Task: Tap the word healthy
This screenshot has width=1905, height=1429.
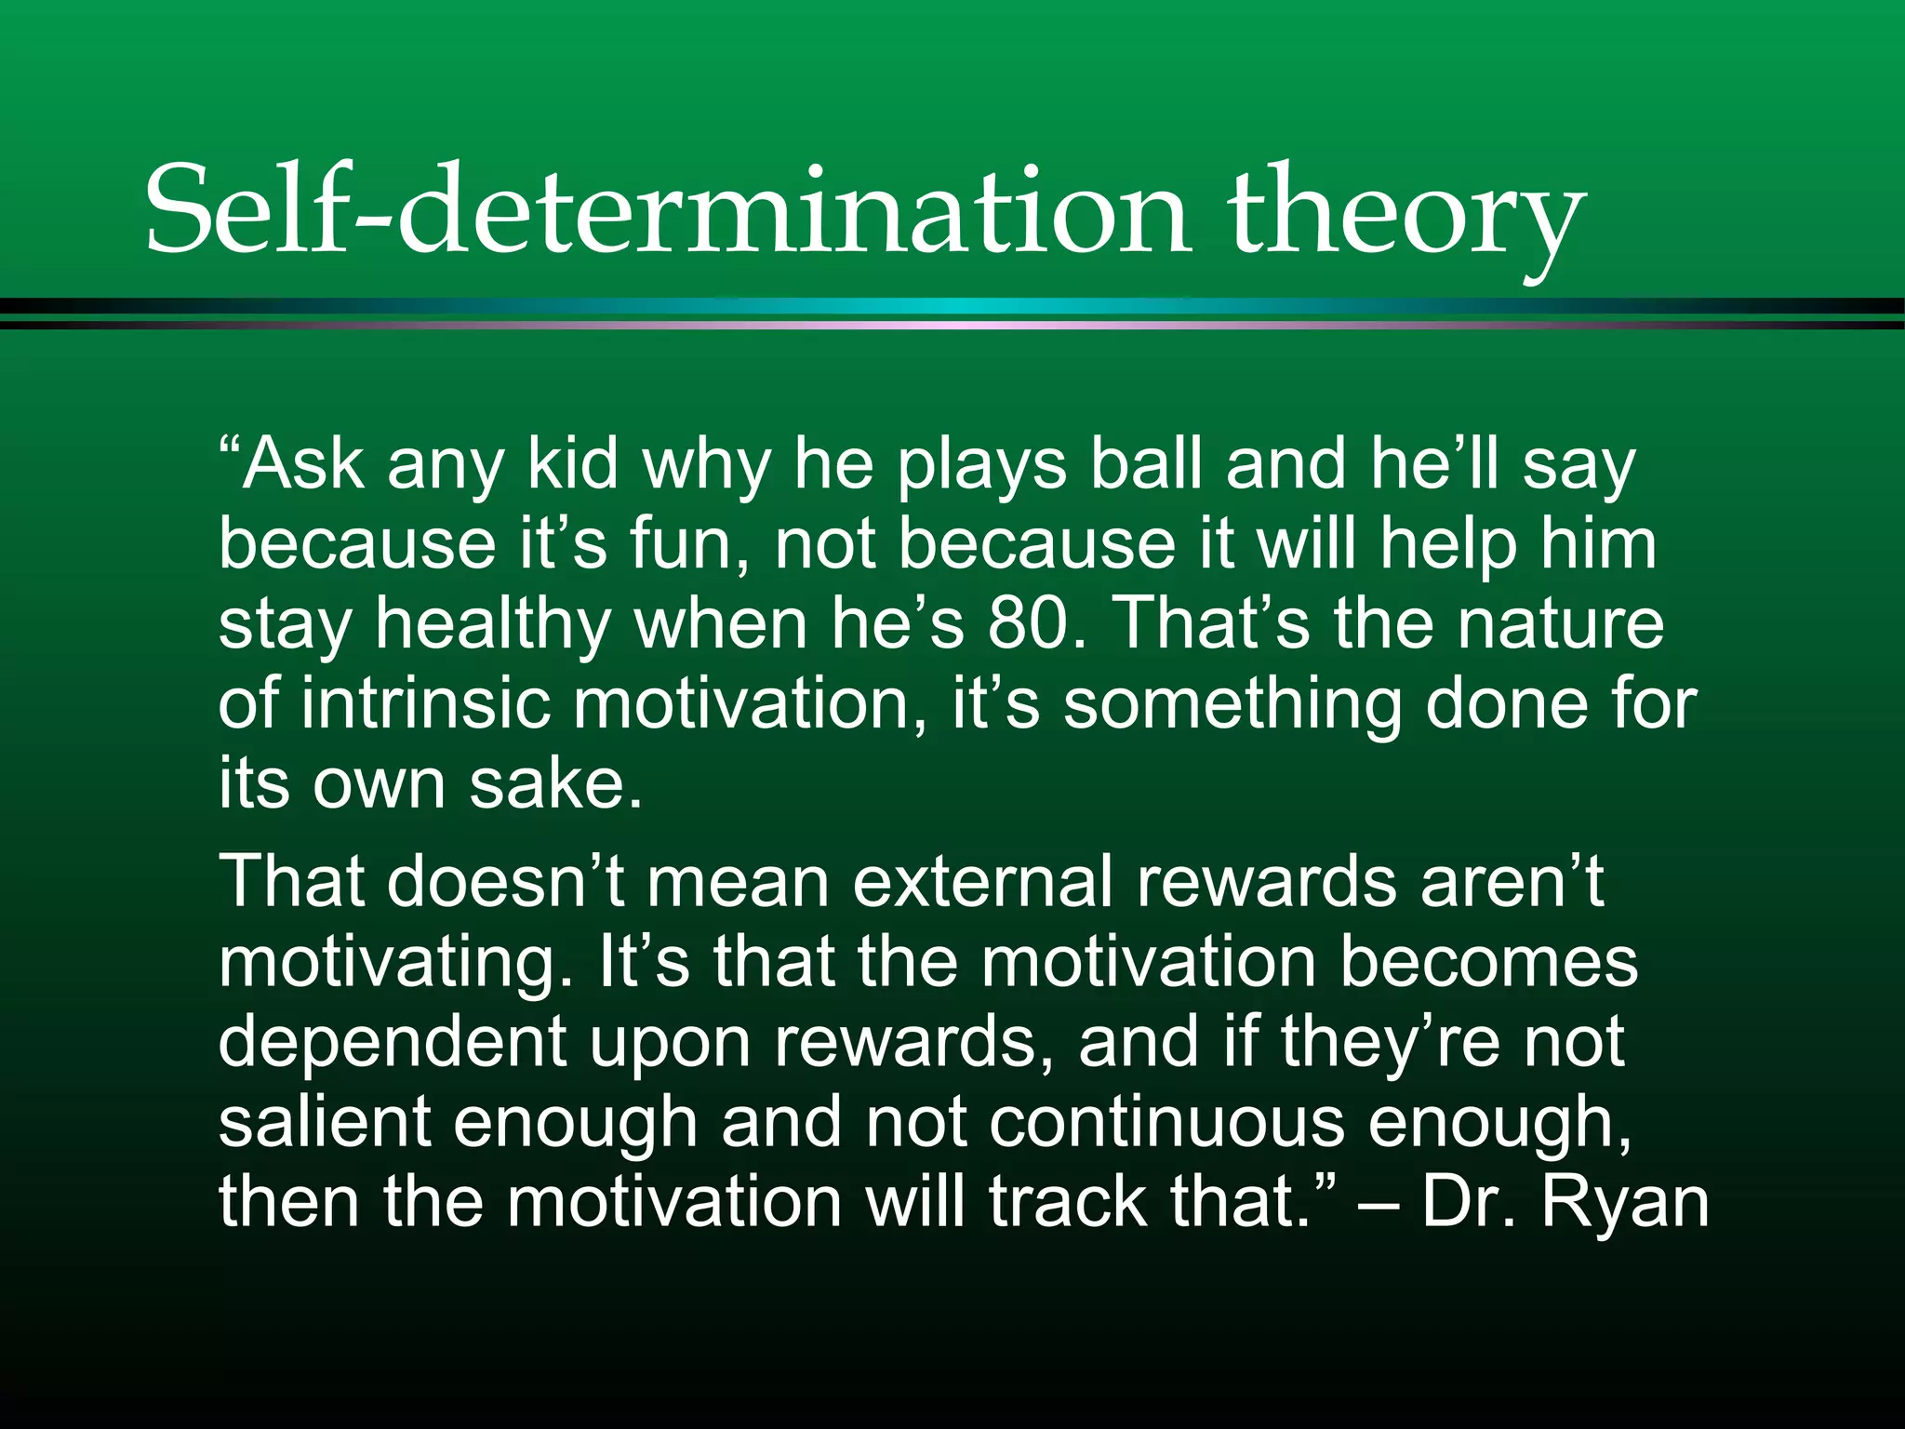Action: [493, 624]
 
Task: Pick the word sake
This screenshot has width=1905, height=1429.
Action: [554, 783]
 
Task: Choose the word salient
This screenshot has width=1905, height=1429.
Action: [324, 1121]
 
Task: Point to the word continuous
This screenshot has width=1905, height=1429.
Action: [1166, 1121]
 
